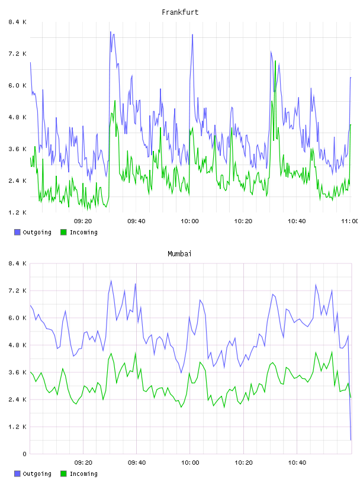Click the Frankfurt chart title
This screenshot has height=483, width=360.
pyautogui.click(x=180, y=12)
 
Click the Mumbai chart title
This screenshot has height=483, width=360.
pyautogui.click(x=179, y=254)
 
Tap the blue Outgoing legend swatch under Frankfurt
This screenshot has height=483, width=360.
pyautogui.click(x=17, y=232)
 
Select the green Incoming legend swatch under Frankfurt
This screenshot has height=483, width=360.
pyautogui.click(x=63, y=232)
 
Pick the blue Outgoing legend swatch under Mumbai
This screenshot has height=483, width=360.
pyautogui.click(x=17, y=474)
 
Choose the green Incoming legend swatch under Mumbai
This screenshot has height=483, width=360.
pyautogui.click(x=63, y=474)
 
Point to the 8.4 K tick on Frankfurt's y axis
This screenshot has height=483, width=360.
pyautogui.click(x=17, y=22)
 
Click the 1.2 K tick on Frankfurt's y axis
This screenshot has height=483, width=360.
pyautogui.click(x=17, y=212)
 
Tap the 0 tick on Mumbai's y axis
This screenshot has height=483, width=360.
pyautogui.click(x=24, y=454)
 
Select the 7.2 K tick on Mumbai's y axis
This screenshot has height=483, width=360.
pyautogui.click(x=17, y=291)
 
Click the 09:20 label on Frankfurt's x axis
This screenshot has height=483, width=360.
pyautogui.click(x=83, y=221)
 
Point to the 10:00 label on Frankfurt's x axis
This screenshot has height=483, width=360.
pyautogui.click(x=189, y=221)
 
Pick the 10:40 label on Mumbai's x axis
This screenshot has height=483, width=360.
pyautogui.click(x=297, y=462)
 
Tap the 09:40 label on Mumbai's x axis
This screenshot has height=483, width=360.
pyautogui.click(x=137, y=462)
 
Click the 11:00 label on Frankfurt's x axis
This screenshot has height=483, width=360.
pyautogui.click(x=350, y=221)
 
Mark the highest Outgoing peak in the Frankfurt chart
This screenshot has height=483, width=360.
pyautogui.click(x=110, y=32)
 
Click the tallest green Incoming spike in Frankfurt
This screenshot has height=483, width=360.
pyautogui.click(x=275, y=61)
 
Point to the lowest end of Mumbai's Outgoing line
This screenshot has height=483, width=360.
pyautogui.click(x=351, y=440)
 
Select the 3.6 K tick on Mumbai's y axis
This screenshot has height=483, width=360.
pyautogui.click(x=17, y=372)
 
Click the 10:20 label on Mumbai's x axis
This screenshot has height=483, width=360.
pyautogui.click(x=243, y=462)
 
